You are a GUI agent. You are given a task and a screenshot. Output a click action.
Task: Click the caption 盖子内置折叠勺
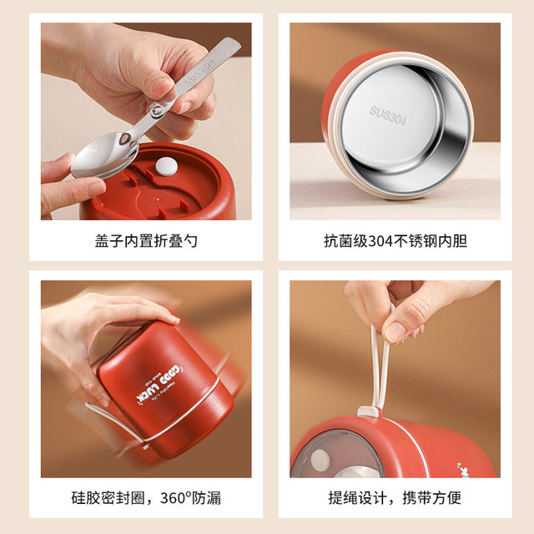(146, 242)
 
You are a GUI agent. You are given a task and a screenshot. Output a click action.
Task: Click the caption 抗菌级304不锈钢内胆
(395, 242)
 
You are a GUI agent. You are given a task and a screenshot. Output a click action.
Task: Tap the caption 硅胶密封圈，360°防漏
(146, 498)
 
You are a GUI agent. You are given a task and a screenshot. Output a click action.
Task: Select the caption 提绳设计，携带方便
(395, 498)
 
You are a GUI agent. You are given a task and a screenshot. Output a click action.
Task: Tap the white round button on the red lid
(166, 165)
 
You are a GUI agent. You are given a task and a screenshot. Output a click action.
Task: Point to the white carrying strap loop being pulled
(380, 359)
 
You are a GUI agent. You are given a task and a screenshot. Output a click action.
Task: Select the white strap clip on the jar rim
(367, 413)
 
